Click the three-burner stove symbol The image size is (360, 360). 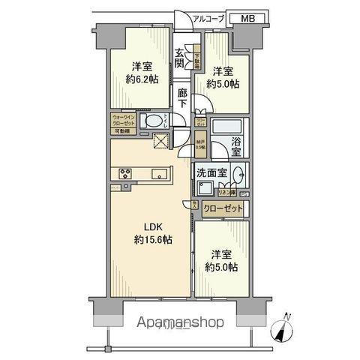click(124, 175)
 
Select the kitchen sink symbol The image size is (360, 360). click(158, 175)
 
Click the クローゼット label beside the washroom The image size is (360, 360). click(223, 208)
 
